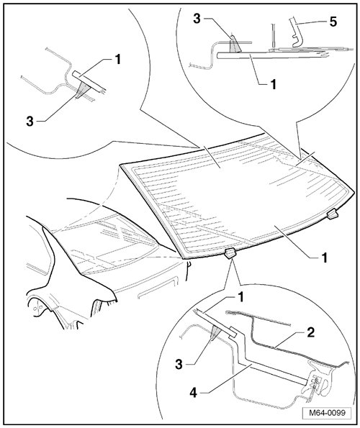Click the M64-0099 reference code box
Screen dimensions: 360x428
pyautogui.click(x=327, y=412)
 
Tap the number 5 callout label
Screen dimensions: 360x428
pyautogui.click(x=333, y=22)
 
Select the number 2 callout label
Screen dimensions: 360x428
pyautogui.click(x=310, y=332)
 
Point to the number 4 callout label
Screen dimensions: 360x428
pyautogui.click(x=194, y=393)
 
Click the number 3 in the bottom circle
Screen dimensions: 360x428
pyautogui.click(x=179, y=365)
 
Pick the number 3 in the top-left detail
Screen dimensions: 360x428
pyautogui.click(x=30, y=122)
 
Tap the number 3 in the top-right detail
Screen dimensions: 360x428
pyautogui.click(x=197, y=19)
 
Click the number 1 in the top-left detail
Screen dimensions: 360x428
pyautogui.click(x=118, y=59)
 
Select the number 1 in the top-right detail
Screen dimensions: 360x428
pyautogui.click(x=273, y=85)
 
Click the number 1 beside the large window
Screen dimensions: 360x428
pyautogui.click(x=324, y=258)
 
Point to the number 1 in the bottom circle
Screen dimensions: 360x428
pyautogui.click(x=240, y=298)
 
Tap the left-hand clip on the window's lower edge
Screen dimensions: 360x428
pyautogui.click(x=230, y=254)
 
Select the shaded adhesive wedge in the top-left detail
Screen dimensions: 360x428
pyautogui.click(x=81, y=90)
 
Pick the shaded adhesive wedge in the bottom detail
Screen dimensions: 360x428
pyautogui.click(x=215, y=332)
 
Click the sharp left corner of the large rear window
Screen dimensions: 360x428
pyautogui.click(x=120, y=165)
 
